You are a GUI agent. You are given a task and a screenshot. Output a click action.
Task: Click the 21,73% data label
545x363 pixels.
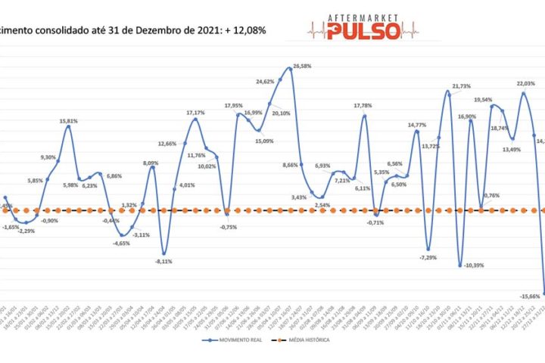tap(461, 86)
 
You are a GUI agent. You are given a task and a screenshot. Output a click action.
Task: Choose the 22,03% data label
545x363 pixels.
tap(525, 84)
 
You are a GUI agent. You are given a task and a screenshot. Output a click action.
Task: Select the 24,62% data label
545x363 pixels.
tap(265, 81)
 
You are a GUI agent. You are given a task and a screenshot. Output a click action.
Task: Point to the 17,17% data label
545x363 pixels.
tap(195, 112)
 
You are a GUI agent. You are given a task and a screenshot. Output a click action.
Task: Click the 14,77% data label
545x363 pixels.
tap(417, 125)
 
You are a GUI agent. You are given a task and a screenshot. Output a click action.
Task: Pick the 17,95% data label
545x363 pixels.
tap(233, 105)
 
